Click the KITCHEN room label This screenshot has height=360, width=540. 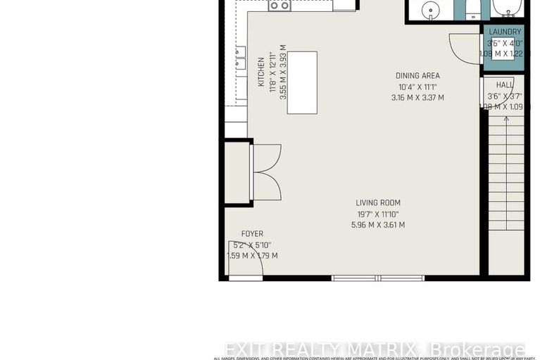click(x=260, y=72)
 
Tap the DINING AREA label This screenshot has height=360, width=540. click(x=417, y=76)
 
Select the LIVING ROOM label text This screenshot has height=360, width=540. click(x=377, y=203)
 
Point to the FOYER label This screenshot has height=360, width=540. click(x=252, y=234)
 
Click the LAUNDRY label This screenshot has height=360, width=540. click(x=504, y=32)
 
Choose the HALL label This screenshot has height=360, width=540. click(x=504, y=85)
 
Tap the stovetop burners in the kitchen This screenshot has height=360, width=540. click(x=280, y=5)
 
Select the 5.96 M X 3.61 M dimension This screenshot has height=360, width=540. click(x=377, y=225)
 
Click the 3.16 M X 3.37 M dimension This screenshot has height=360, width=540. click(x=417, y=98)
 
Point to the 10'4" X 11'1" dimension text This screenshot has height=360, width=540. click(x=417, y=87)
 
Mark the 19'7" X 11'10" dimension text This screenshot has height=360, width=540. click(x=377, y=214)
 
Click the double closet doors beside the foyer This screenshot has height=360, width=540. click(x=266, y=170)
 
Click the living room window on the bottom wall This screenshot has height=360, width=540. click(x=379, y=278)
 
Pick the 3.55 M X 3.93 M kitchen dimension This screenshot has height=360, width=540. click(x=283, y=72)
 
